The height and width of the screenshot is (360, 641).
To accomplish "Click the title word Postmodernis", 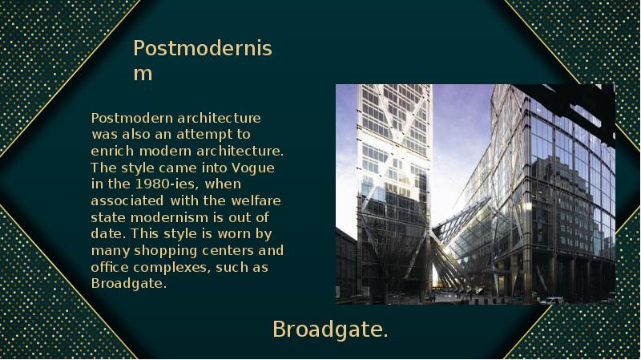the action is click(203, 48).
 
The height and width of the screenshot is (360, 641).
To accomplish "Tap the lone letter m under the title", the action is click(143, 74).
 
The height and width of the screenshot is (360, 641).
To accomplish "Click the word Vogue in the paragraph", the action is click(253, 168).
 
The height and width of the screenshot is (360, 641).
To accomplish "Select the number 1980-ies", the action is click(167, 184).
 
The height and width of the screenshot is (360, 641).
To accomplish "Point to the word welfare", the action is click(256, 200).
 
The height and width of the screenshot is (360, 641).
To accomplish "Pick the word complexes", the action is click(172, 268).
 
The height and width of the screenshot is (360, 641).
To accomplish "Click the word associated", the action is click(127, 200).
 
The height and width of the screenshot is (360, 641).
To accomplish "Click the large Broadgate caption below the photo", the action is click(330, 330).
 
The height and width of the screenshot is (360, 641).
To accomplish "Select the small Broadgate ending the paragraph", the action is click(129, 284).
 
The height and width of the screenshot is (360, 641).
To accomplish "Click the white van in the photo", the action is click(551, 301).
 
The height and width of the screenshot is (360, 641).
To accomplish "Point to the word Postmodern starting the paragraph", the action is click(132, 118).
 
